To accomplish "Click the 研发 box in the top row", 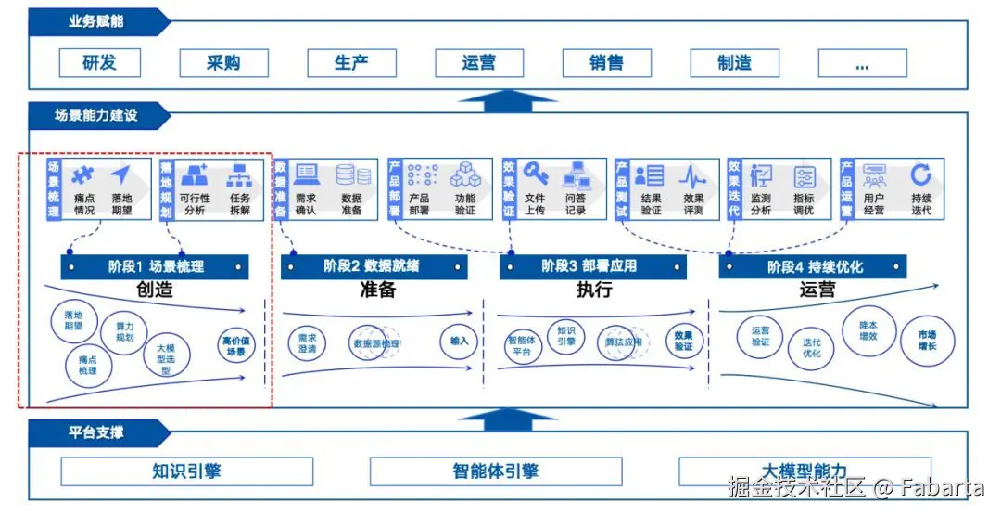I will click(x=99, y=63).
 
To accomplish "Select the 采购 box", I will click(x=223, y=63).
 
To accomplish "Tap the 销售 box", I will click(x=606, y=63).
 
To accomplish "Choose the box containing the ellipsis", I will click(x=862, y=63).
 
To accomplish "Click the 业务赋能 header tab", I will click(x=96, y=21).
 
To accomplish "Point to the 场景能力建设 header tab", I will click(x=96, y=115).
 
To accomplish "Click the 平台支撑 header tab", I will click(x=96, y=432).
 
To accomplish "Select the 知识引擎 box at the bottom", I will click(x=187, y=471).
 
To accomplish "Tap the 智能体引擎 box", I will click(x=496, y=471).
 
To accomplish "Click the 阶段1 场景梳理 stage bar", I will click(x=156, y=267).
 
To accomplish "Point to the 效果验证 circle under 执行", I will click(x=683, y=341).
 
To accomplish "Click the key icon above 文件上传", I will click(x=536, y=174).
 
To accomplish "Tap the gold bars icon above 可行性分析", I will click(x=195, y=174).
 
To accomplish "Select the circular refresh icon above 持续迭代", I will click(x=920, y=174).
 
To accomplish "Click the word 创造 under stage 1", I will click(x=155, y=290).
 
